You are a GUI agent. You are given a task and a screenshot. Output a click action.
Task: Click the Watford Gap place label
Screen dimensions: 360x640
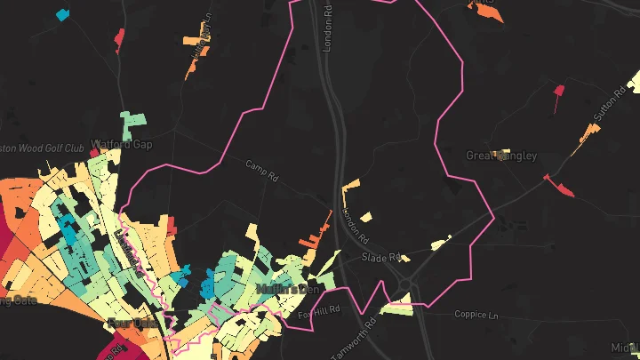coord(121,143)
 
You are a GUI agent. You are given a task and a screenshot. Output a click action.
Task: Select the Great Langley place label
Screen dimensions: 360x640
coord(501,156)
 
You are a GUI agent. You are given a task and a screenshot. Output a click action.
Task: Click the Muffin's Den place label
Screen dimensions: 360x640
coord(286,289)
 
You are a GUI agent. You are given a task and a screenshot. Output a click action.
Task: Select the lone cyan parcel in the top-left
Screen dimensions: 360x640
coord(62,14)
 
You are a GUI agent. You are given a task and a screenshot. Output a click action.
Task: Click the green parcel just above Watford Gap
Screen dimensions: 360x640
coord(133,120)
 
